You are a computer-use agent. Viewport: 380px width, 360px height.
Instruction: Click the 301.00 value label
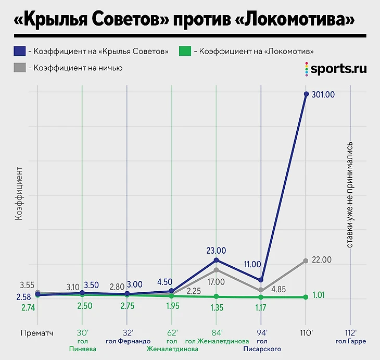[x=323, y=95]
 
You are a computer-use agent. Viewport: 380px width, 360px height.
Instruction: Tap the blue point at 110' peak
[x=306, y=94]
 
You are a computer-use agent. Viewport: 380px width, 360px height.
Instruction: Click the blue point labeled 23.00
[x=217, y=259]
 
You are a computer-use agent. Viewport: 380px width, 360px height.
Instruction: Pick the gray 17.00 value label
[x=216, y=282]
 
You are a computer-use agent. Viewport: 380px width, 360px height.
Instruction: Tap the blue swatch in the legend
[x=19, y=51]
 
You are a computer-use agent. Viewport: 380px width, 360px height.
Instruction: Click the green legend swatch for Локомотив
[x=184, y=51]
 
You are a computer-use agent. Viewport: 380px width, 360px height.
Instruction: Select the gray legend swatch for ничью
[x=19, y=68]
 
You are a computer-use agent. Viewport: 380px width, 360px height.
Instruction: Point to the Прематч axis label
[x=36, y=332]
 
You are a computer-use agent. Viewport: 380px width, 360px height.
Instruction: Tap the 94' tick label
[x=261, y=332]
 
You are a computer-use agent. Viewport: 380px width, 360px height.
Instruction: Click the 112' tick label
[x=351, y=332]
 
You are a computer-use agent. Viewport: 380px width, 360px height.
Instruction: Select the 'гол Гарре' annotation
[x=351, y=341]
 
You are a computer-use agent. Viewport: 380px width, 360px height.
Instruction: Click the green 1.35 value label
[x=217, y=306]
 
